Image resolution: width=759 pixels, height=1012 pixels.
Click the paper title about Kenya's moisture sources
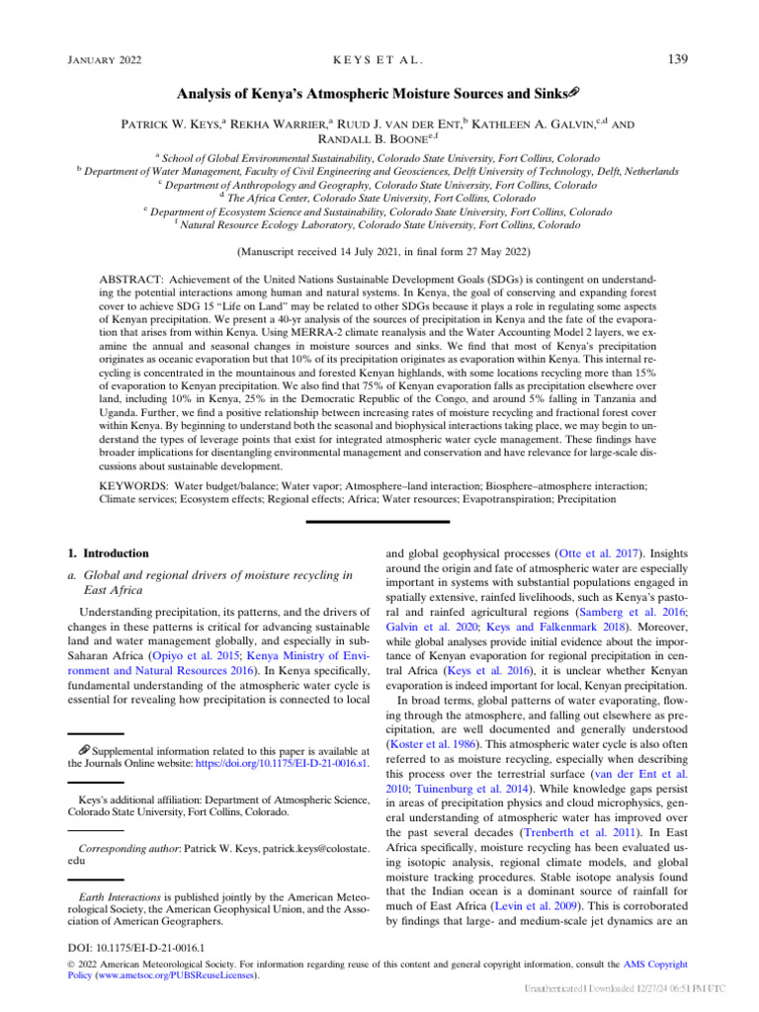378,94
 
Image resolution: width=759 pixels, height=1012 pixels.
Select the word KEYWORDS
134,487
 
